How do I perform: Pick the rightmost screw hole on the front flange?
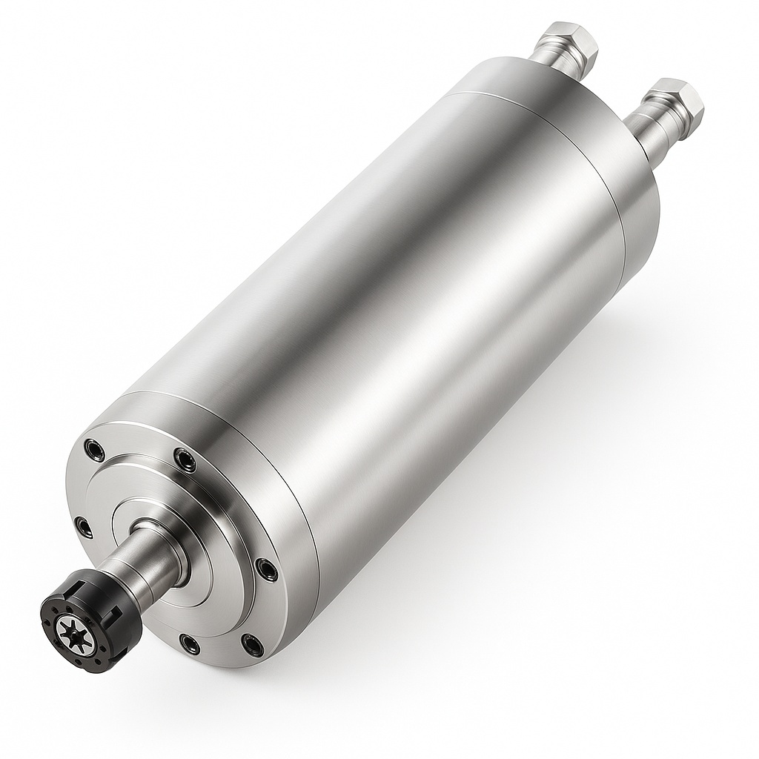coord(265,569)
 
